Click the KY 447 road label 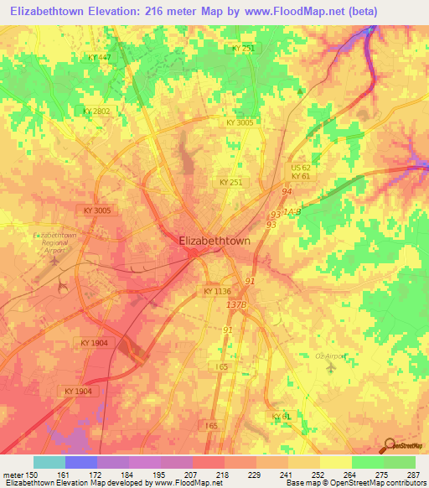click(99, 57)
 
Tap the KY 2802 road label click(96, 111)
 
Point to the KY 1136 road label click(216, 291)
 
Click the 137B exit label click(235, 304)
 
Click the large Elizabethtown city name click(215, 241)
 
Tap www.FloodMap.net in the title click(297, 12)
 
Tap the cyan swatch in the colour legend click(49, 462)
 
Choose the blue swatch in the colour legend click(81, 462)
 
